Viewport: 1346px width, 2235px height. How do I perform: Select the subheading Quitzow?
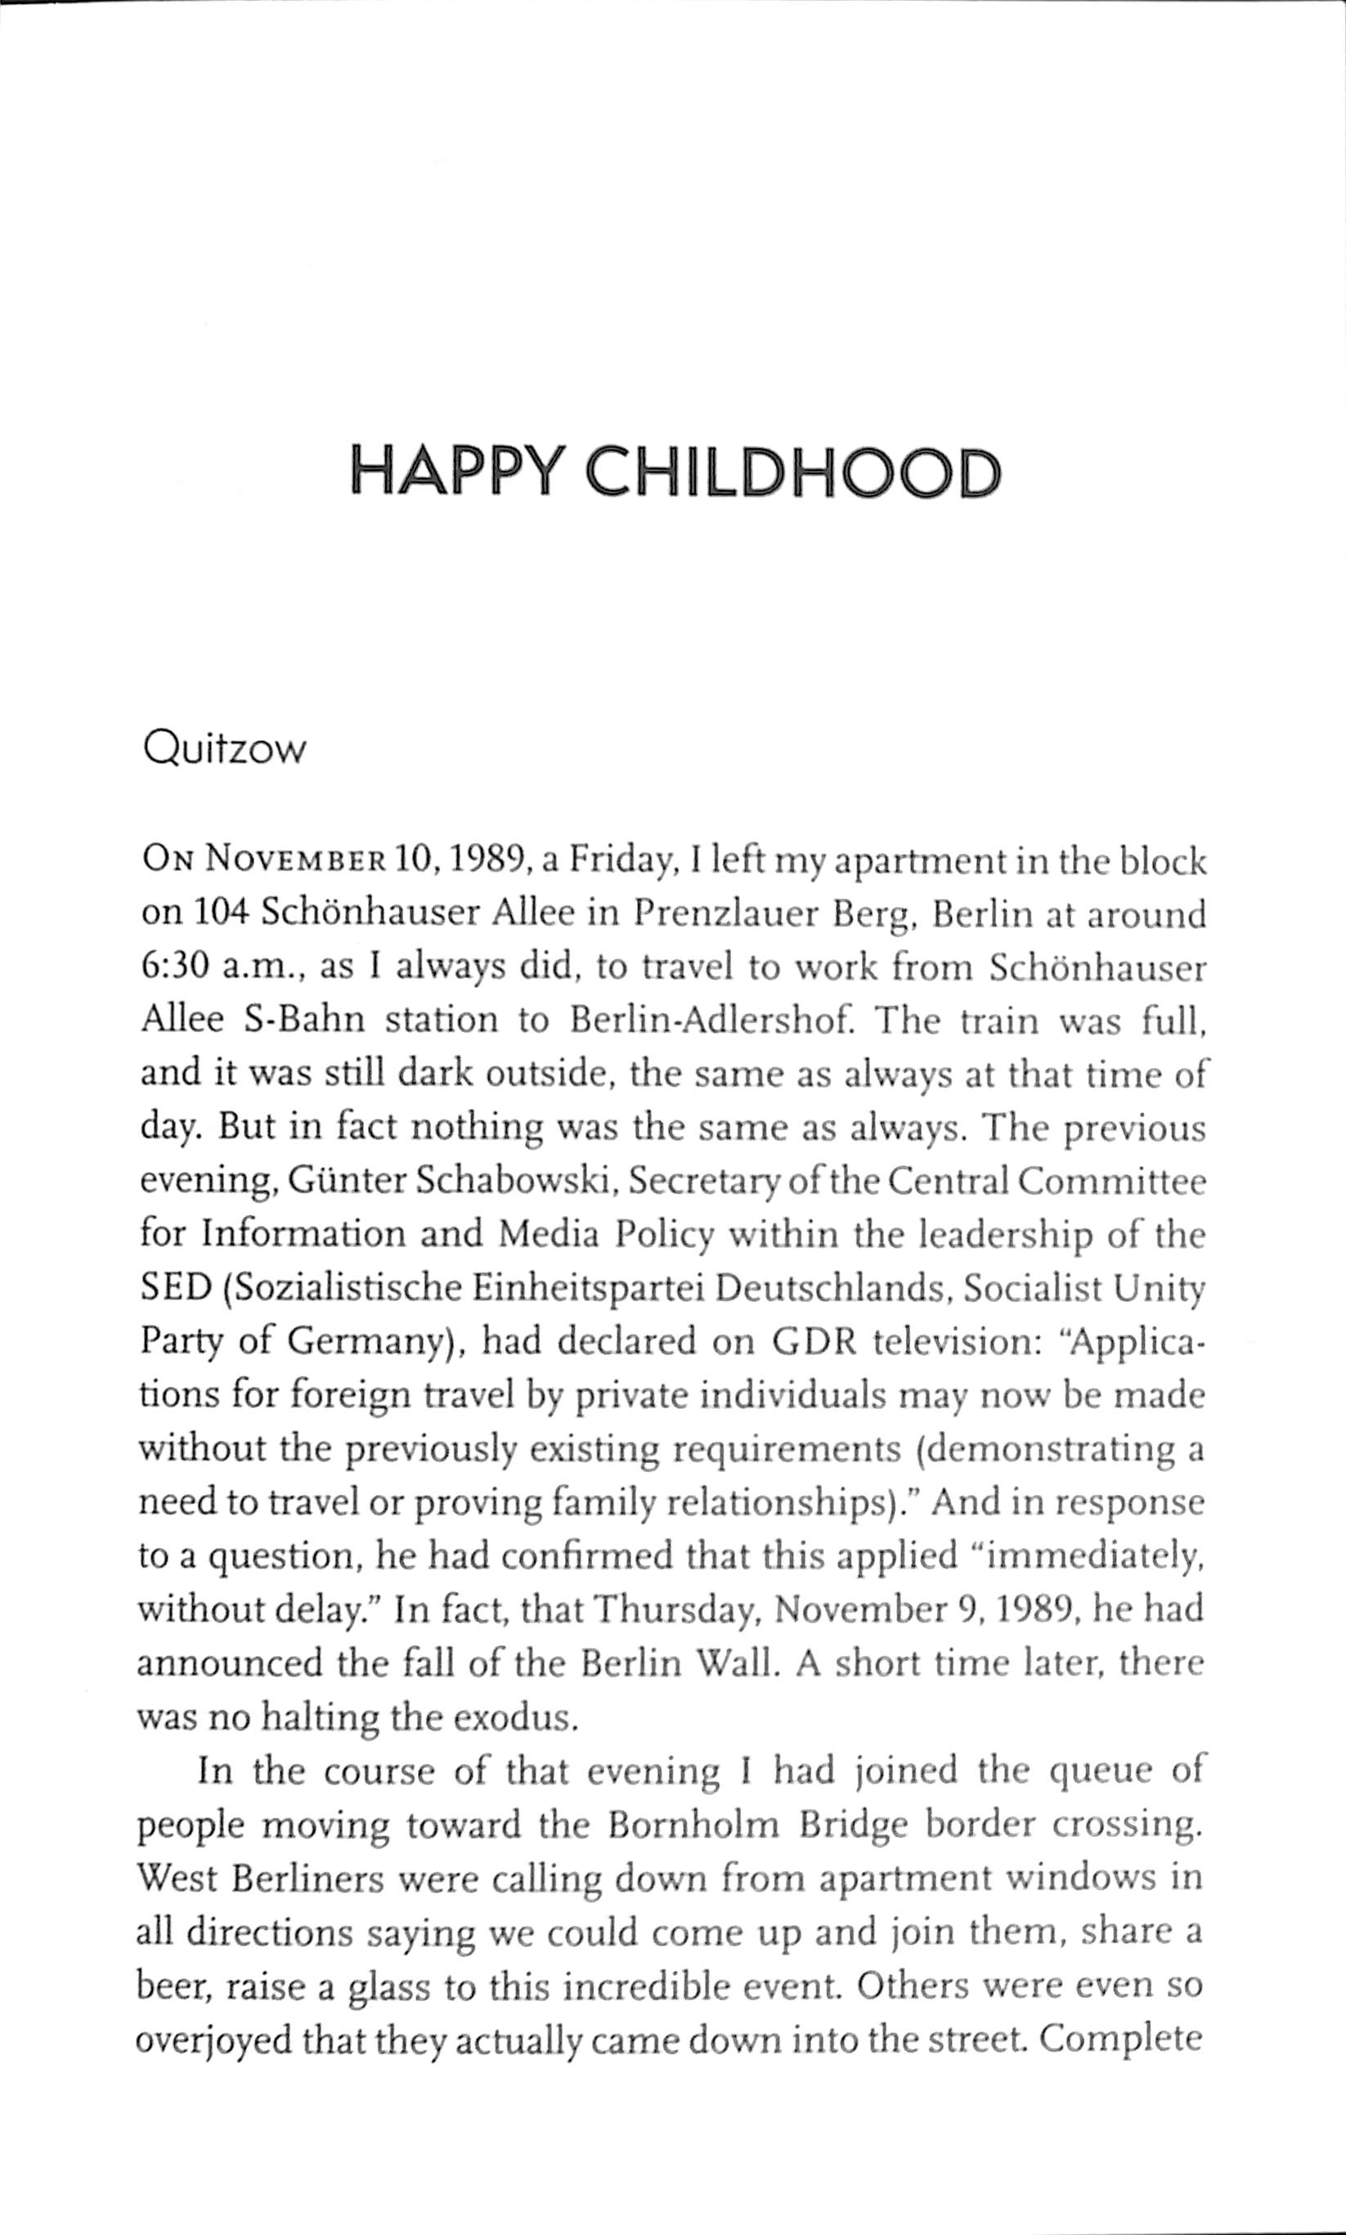tap(224, 749)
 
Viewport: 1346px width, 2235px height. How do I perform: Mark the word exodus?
tap(514, 1717)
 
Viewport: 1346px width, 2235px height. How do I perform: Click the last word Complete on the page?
tap(1121, 2038)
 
